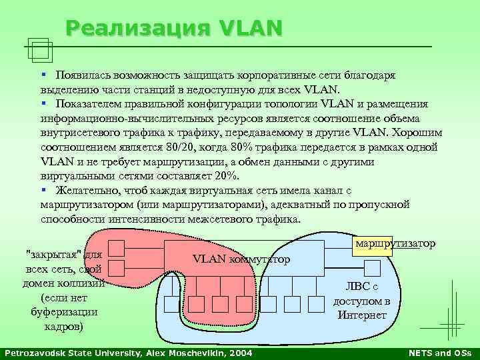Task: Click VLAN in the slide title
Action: tap(249, 28)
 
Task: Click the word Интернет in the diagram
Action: tap(362, 315)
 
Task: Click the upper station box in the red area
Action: tap(117, 249)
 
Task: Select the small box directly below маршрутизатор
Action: tap(372, 268)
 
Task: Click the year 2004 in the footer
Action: tap(242, 352)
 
